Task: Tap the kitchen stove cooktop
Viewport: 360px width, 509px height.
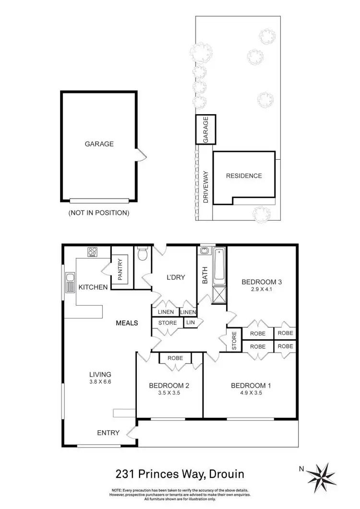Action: pos(93,252)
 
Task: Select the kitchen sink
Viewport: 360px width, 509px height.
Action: pos(71,283)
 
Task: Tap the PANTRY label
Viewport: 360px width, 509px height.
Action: pos(120,270)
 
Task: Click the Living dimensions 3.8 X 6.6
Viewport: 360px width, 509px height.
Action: pos(100,382)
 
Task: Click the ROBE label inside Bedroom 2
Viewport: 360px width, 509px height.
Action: pos(175,358)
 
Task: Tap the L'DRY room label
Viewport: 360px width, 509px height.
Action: pos(176,277)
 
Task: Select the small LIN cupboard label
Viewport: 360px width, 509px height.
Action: pos(190,323)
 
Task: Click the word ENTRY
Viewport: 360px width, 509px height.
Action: pos(108,433)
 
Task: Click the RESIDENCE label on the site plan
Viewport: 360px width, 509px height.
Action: pos(244,176)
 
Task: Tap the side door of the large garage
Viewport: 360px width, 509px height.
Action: pos(140,154)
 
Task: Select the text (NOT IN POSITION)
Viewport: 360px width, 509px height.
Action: pos(99,212)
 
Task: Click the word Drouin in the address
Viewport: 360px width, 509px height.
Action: pos(226,474)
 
